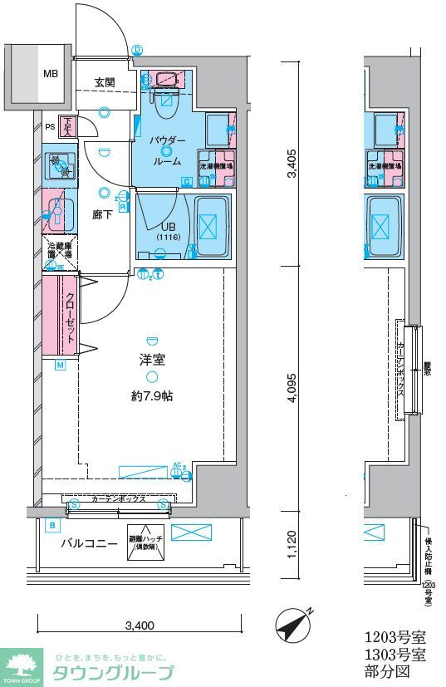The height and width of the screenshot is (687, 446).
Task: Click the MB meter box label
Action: pyautogui.click(x=51, y=73)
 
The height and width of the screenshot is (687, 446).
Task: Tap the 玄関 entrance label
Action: pyautogui.click(x=105, y=82)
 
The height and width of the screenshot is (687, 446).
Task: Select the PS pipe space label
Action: pyautogui.click(x=50, y=127)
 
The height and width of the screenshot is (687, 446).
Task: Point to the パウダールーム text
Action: pyautogui.click(x=167, y=150)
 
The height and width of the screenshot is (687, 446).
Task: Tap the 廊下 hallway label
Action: pyautogui.click(x=102, y=213)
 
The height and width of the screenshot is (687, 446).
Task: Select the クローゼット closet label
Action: pyautogui.click(x=71, y=319)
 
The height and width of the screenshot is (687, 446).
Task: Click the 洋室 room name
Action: pyautogui.click(x=151, y=361)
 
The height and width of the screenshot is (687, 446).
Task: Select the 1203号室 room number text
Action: pyautogui.click(x=395, y=638)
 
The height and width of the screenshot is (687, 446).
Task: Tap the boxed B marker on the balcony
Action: pyautogui.click(x=52, y=526)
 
